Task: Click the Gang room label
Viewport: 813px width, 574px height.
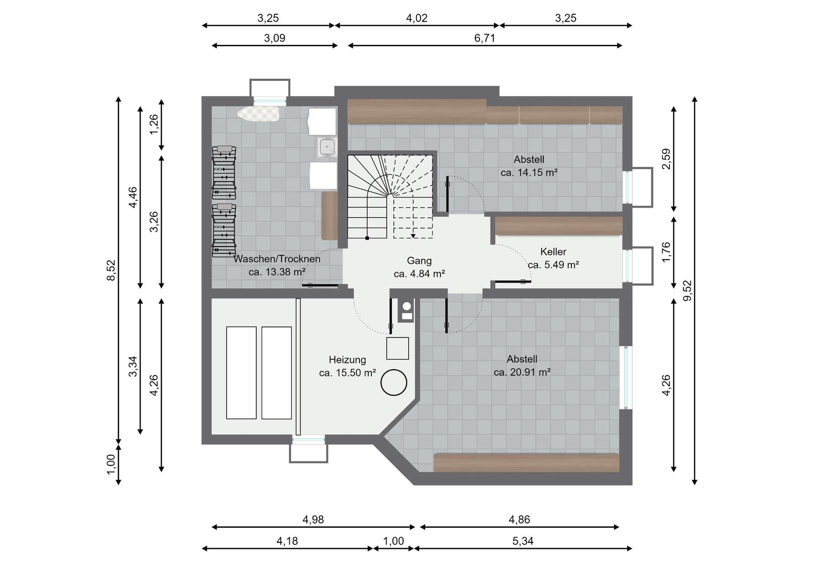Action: coord(419,261)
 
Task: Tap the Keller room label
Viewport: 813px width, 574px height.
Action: coord(553,252)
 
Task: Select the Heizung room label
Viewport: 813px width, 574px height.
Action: coord(347,360)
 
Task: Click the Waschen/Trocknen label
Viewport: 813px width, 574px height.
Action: coord(277,259)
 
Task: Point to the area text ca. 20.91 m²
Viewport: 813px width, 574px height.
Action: coord(522,372)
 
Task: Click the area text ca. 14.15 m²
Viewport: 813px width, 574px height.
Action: coord(529,173)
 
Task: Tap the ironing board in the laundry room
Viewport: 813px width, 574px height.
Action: coord(258,113)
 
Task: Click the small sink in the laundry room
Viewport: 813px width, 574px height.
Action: coord(327,147)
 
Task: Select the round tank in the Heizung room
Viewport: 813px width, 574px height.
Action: coord(394,382)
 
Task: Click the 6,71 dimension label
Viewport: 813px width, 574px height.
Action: coord(485,38)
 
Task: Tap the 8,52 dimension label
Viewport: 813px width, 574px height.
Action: coord(111,270)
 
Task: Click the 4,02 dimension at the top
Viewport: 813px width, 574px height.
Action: coord(417,18)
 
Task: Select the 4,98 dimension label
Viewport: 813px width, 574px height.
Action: coord(313,519)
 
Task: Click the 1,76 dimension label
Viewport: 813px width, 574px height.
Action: coord(666,252)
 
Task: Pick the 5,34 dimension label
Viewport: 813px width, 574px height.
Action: coord(523,541)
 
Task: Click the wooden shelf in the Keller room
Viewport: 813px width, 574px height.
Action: coord(559,226)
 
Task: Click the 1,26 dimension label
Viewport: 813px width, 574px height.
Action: coord(154,124)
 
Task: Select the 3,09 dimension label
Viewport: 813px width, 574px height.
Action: coord(275,38)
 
